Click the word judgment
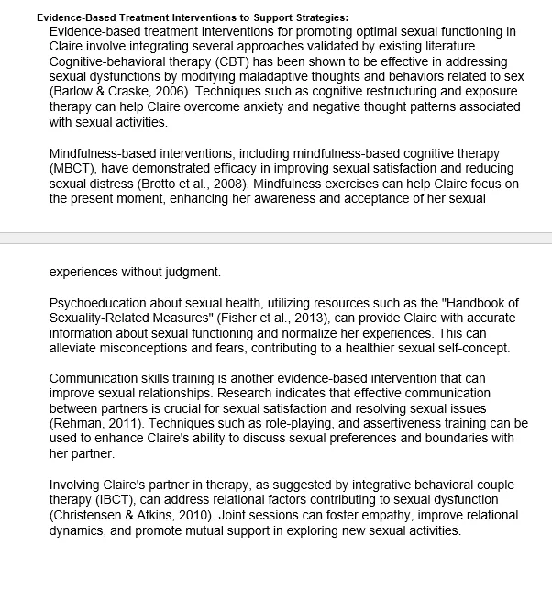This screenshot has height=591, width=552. point(191,272)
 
